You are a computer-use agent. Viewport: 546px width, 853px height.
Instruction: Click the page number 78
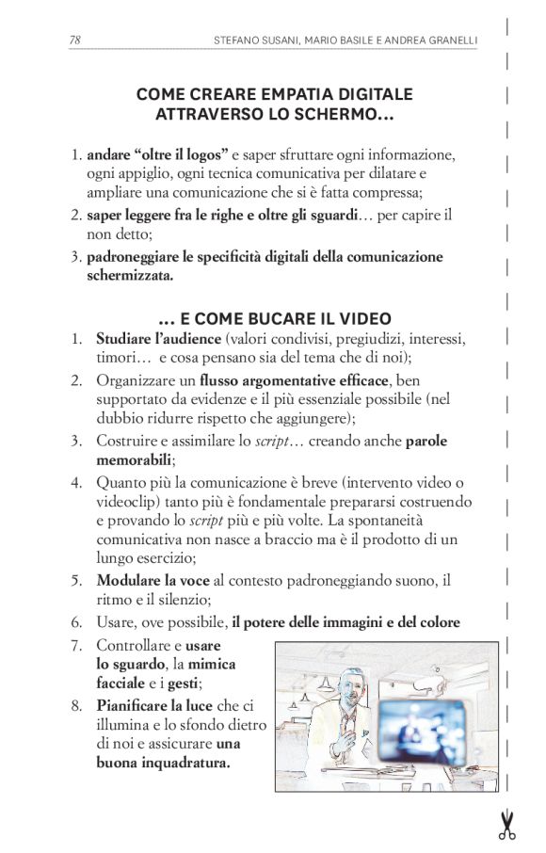click(74, 40)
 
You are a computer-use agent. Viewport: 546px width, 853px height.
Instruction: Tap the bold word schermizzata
click(131, 277)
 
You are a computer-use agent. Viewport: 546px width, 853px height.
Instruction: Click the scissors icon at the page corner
click(506, 824)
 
